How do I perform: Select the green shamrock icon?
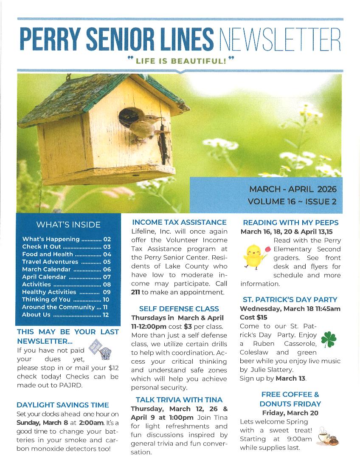[x=329, y=339]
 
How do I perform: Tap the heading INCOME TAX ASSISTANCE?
[x=179, y=222]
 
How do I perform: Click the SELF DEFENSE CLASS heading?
[x=179, y=309]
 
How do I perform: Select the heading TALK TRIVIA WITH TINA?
[x=179, y=400]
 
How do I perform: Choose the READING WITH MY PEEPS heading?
[x=291, y=223]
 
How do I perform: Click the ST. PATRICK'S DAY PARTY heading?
[x=290, y=299]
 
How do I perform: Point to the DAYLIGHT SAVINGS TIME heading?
[x=63, y=405]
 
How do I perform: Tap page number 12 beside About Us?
[x=106, y=315]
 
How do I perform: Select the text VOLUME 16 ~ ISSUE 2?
[x=292, y=201]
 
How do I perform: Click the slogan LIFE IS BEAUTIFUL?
[x=180, y=61]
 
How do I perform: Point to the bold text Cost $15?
[x=254, y=317]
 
